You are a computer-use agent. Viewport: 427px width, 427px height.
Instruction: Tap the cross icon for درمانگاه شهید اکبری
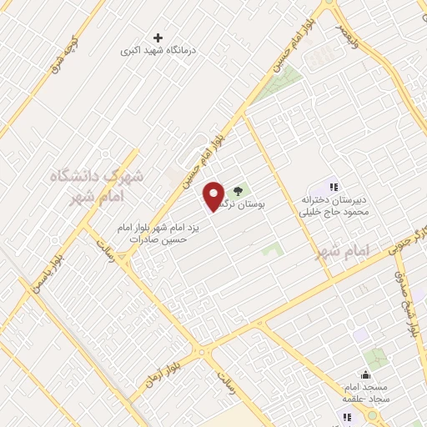tap(158, 38)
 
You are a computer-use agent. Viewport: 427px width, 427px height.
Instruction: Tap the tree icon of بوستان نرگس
tap(239, 190)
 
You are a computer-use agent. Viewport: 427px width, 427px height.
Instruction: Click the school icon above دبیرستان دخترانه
tap(334, 187)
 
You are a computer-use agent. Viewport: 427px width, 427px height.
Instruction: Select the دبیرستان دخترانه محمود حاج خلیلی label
tap(334, 206)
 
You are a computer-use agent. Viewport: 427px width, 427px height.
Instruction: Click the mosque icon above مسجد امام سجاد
tap(364, 377)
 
